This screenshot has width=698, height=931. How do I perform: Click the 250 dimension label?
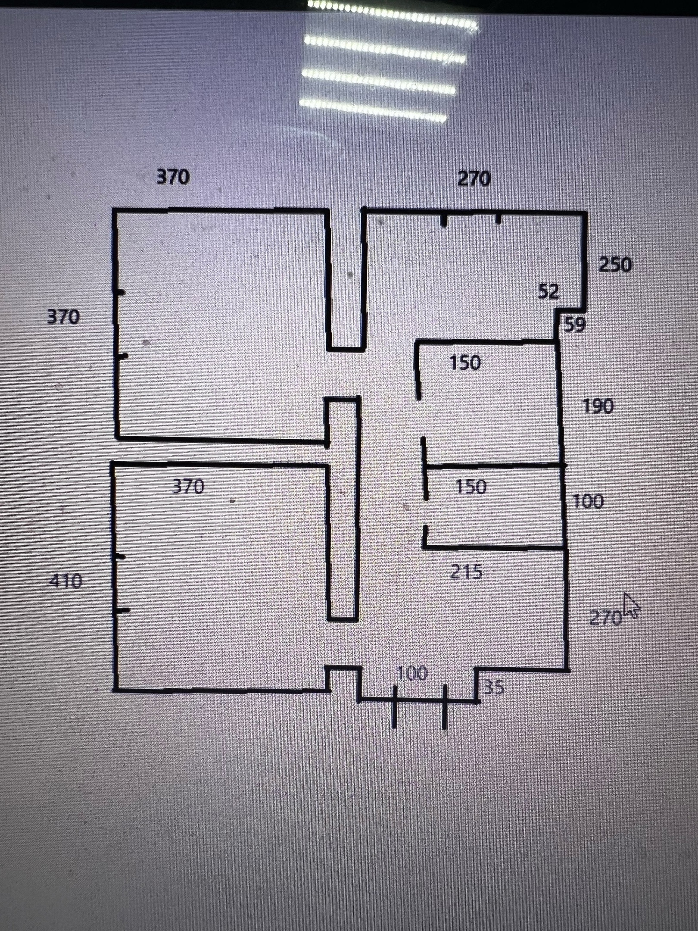615,265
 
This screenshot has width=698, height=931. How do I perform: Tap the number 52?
548,292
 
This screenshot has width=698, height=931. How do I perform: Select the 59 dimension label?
574,325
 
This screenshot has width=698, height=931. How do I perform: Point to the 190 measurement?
598,406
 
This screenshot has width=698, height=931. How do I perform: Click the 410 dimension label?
66,582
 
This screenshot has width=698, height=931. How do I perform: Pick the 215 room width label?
467,572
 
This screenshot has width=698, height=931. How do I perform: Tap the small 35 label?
493,687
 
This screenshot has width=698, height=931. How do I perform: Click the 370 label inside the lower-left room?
188,487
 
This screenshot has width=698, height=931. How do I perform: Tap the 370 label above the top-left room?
172,177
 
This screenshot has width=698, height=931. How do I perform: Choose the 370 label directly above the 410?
63,317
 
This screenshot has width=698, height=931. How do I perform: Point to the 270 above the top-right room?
474,178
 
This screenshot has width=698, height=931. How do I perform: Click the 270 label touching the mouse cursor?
605,618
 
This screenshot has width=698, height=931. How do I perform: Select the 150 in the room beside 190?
464,363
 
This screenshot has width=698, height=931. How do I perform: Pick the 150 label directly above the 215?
471,487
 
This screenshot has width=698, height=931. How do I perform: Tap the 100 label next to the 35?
412,673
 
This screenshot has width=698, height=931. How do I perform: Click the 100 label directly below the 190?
588,502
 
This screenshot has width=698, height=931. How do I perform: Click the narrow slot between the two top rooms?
346,280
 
